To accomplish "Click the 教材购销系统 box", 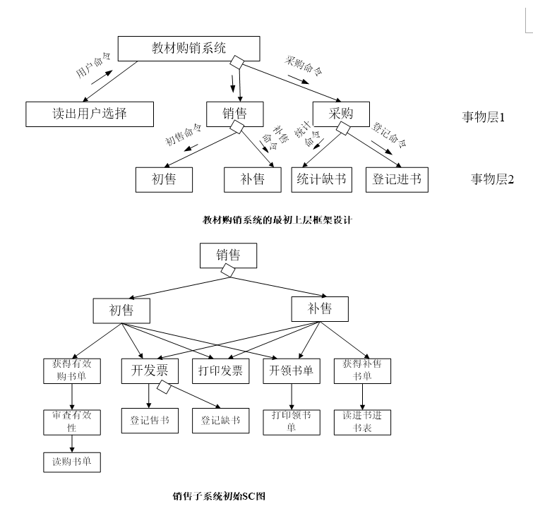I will [x=188, y=49].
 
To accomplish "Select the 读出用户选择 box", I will [x=89, y=113].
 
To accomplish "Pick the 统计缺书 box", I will [x=321, y=179].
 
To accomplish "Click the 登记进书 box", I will [x=397, y=179].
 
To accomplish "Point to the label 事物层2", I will [x=492, y=179].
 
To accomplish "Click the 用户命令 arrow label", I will [x=94, y=69].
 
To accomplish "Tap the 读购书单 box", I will [x=72, y=462].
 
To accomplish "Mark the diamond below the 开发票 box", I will [x=164, y=387].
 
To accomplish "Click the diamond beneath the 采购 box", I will [x=343, y=128].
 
